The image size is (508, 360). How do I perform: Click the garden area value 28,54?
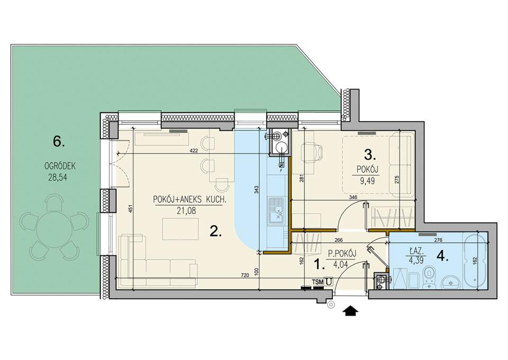click(58, 177)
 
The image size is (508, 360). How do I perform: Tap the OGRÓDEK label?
click(60, 166)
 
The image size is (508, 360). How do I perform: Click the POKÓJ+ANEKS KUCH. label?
click(189, 200)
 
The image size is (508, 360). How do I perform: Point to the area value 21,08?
click(186, 211)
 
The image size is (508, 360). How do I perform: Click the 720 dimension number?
click(245, 275)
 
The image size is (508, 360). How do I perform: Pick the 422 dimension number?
click(194, 150)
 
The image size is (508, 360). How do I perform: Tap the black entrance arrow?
click(350, 311)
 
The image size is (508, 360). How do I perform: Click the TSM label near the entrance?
click(318, 282)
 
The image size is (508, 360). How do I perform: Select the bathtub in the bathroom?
click(475, 260)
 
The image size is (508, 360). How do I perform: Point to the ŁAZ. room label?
click(416, 251)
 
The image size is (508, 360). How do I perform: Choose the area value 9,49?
click(367, 181)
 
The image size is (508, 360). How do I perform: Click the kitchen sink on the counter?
click(275, 211)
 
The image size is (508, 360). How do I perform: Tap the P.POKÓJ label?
click(342, 254)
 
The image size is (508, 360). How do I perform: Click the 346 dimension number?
click(353, 197)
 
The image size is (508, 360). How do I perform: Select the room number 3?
click(370, 155)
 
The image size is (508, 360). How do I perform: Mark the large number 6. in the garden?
click(59, 141)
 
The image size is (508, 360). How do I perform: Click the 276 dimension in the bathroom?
click(438, 240)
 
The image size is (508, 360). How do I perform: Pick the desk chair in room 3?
click(312, 152)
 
